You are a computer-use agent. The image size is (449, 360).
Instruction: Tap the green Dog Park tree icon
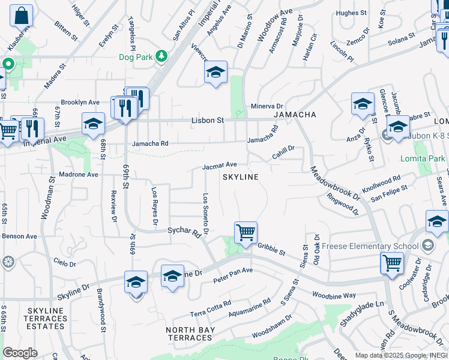(x=161, y=56)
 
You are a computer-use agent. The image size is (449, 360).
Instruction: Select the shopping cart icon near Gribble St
(x=246, y=232)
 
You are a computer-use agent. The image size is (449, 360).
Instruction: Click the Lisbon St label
(x=207, y=120)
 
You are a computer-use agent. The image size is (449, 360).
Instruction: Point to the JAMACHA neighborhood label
(x=295, y=114)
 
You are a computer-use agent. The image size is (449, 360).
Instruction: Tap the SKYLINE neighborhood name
(x=241, y=177)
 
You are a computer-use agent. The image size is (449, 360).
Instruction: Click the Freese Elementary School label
(x=370, y=246)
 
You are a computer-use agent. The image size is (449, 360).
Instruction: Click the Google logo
(x=20, y=353)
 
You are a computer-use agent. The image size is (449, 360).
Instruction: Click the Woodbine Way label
(x=334, y=295)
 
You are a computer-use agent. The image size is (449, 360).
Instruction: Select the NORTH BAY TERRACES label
(x=188, y=334)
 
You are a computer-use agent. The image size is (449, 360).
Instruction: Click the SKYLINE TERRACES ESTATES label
(x=46, y=318)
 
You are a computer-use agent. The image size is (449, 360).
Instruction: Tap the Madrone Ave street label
(x=79, y=175)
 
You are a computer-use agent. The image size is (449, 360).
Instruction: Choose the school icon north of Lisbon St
(x=216, y=73)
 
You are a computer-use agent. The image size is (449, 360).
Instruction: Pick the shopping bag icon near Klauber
(x=21, y=16)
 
